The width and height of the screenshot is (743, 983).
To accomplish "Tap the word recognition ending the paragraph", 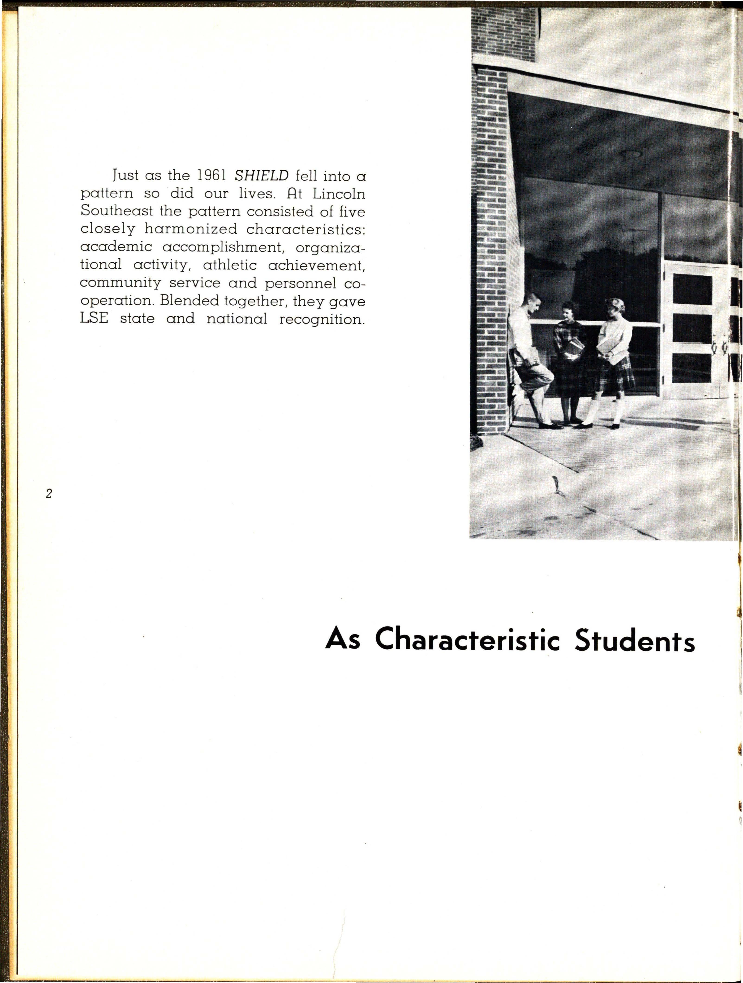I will coord(322,319).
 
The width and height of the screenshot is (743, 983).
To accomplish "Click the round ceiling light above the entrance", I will coord(631,154).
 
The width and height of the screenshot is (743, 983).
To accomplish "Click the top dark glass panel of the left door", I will coord(692,289).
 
